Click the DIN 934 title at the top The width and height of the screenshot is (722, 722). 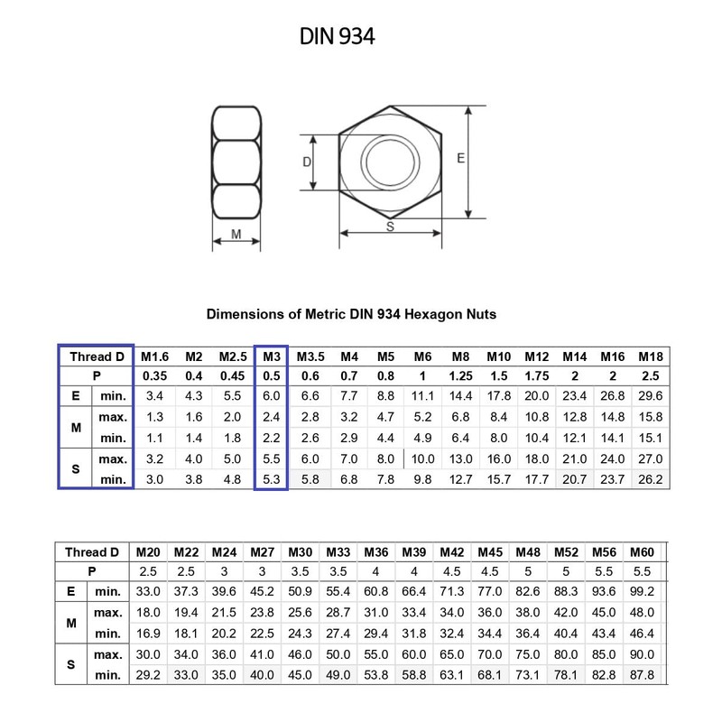coord(337,36)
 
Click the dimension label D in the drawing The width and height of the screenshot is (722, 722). coord(307,162)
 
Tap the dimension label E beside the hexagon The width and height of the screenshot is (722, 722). coord(460,158)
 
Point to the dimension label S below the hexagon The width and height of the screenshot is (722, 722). coord(390,227)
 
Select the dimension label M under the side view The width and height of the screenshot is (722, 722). coord(236,235)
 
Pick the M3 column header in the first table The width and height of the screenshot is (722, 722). coord(272,356)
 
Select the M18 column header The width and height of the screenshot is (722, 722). coord(650,356)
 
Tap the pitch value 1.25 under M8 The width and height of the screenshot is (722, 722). coord(460,375)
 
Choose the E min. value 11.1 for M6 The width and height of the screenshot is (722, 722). coord(423,395)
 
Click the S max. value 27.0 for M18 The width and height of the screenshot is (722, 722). coord(650,459)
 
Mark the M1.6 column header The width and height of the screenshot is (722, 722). coord(155,356)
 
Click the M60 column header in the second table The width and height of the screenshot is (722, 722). coord(642,551)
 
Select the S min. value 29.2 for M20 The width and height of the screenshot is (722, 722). coord(148,674)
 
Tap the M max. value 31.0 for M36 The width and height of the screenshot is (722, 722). coord(375,611)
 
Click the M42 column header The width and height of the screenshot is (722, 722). coord(452,551)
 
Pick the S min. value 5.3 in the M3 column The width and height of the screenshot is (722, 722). coord(272,479)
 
